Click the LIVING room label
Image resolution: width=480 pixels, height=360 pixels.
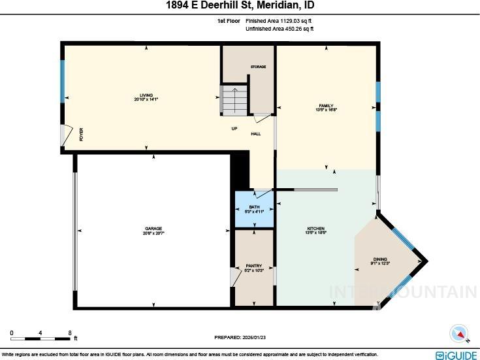click(146, 95)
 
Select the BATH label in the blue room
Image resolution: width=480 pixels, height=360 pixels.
click(254, 208)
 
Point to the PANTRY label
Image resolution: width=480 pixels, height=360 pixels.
click(254, 266)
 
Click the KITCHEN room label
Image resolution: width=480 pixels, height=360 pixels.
click(316, 229)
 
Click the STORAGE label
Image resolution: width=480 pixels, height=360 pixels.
click(259, 67)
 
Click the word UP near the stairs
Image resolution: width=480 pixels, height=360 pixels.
click(234, 128)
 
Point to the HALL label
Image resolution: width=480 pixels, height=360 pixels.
click(256, 134)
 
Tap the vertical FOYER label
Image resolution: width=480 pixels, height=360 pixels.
click(81, 135)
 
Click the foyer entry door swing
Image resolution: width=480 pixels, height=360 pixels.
click(65, 135)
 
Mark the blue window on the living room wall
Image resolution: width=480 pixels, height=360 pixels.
click(63, 81)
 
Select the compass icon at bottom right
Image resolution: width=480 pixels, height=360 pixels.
click(460, 334)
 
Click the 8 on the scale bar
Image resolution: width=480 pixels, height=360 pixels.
click(70, 333)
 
